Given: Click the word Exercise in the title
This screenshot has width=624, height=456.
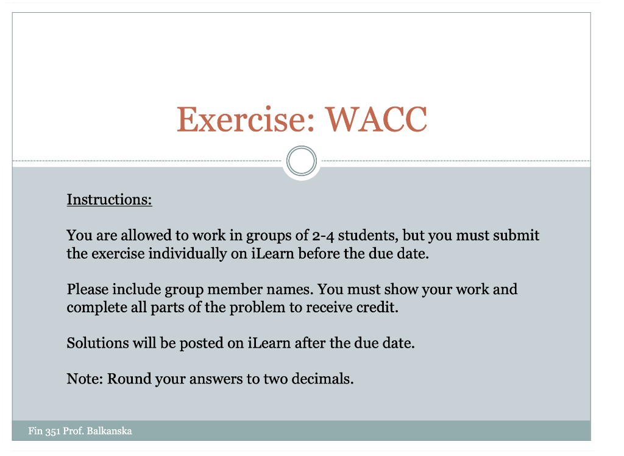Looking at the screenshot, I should tap(246, 119).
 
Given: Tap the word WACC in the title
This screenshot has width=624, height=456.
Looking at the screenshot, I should tap(376, 119).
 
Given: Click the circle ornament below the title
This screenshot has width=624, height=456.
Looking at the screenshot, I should tap(301, 162).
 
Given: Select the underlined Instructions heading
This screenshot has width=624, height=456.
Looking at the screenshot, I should tap(109, 200).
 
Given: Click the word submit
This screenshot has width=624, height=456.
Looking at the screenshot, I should tap(517, 236).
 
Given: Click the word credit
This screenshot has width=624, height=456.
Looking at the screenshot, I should tap(377, 307).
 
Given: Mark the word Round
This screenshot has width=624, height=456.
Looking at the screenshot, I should tap(129, 379).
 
